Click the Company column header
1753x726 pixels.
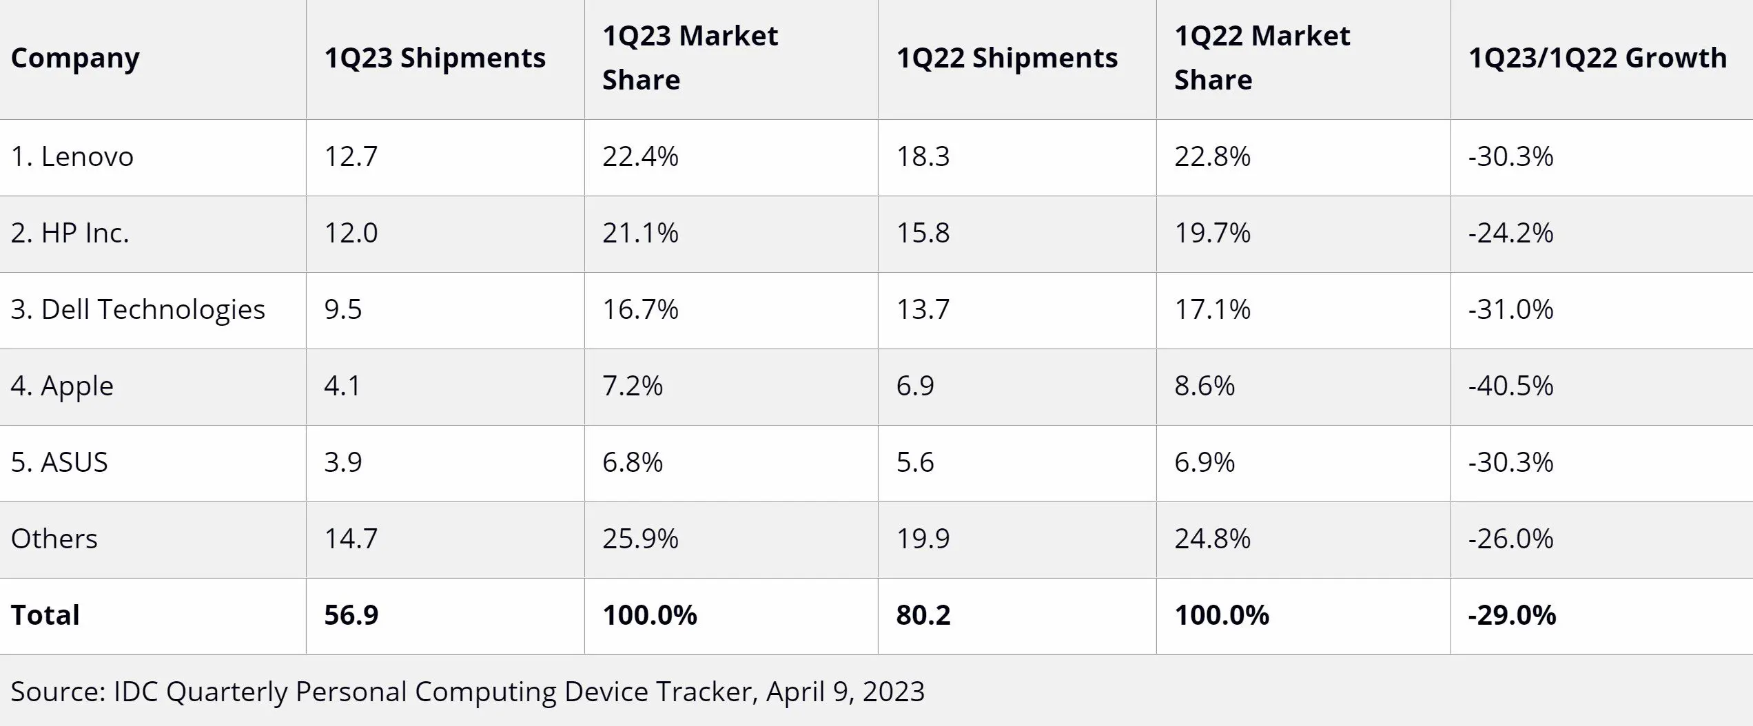75,59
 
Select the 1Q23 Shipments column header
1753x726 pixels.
435,59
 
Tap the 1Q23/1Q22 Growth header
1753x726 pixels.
1597,59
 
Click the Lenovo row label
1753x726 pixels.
72,157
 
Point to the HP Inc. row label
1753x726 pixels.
70,234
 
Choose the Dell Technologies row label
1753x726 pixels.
138,310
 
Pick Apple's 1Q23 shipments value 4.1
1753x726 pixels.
342,386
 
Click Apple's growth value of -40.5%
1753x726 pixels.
1510,386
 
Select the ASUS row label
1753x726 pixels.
60,463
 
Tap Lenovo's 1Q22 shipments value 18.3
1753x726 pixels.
923,157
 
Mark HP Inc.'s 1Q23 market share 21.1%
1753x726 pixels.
640,234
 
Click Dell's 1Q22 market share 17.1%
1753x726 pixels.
1212,310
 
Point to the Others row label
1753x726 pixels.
54,539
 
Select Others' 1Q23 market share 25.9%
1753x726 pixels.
640,539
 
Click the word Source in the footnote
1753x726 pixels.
57,692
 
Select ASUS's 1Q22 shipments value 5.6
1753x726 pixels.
915,463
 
